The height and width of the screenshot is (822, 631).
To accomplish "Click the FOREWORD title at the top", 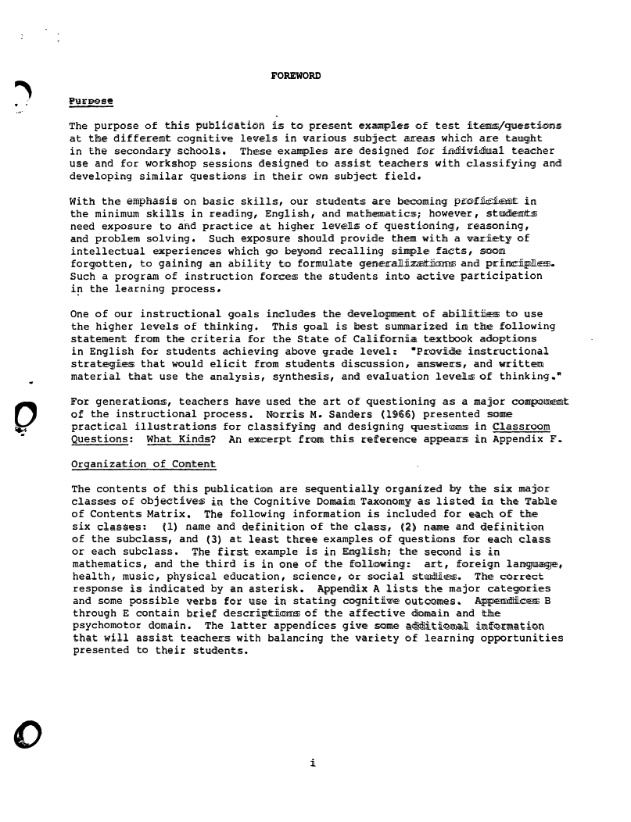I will [x=296, y=76].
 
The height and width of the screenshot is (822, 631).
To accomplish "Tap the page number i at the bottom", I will [x=312, y=763].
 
